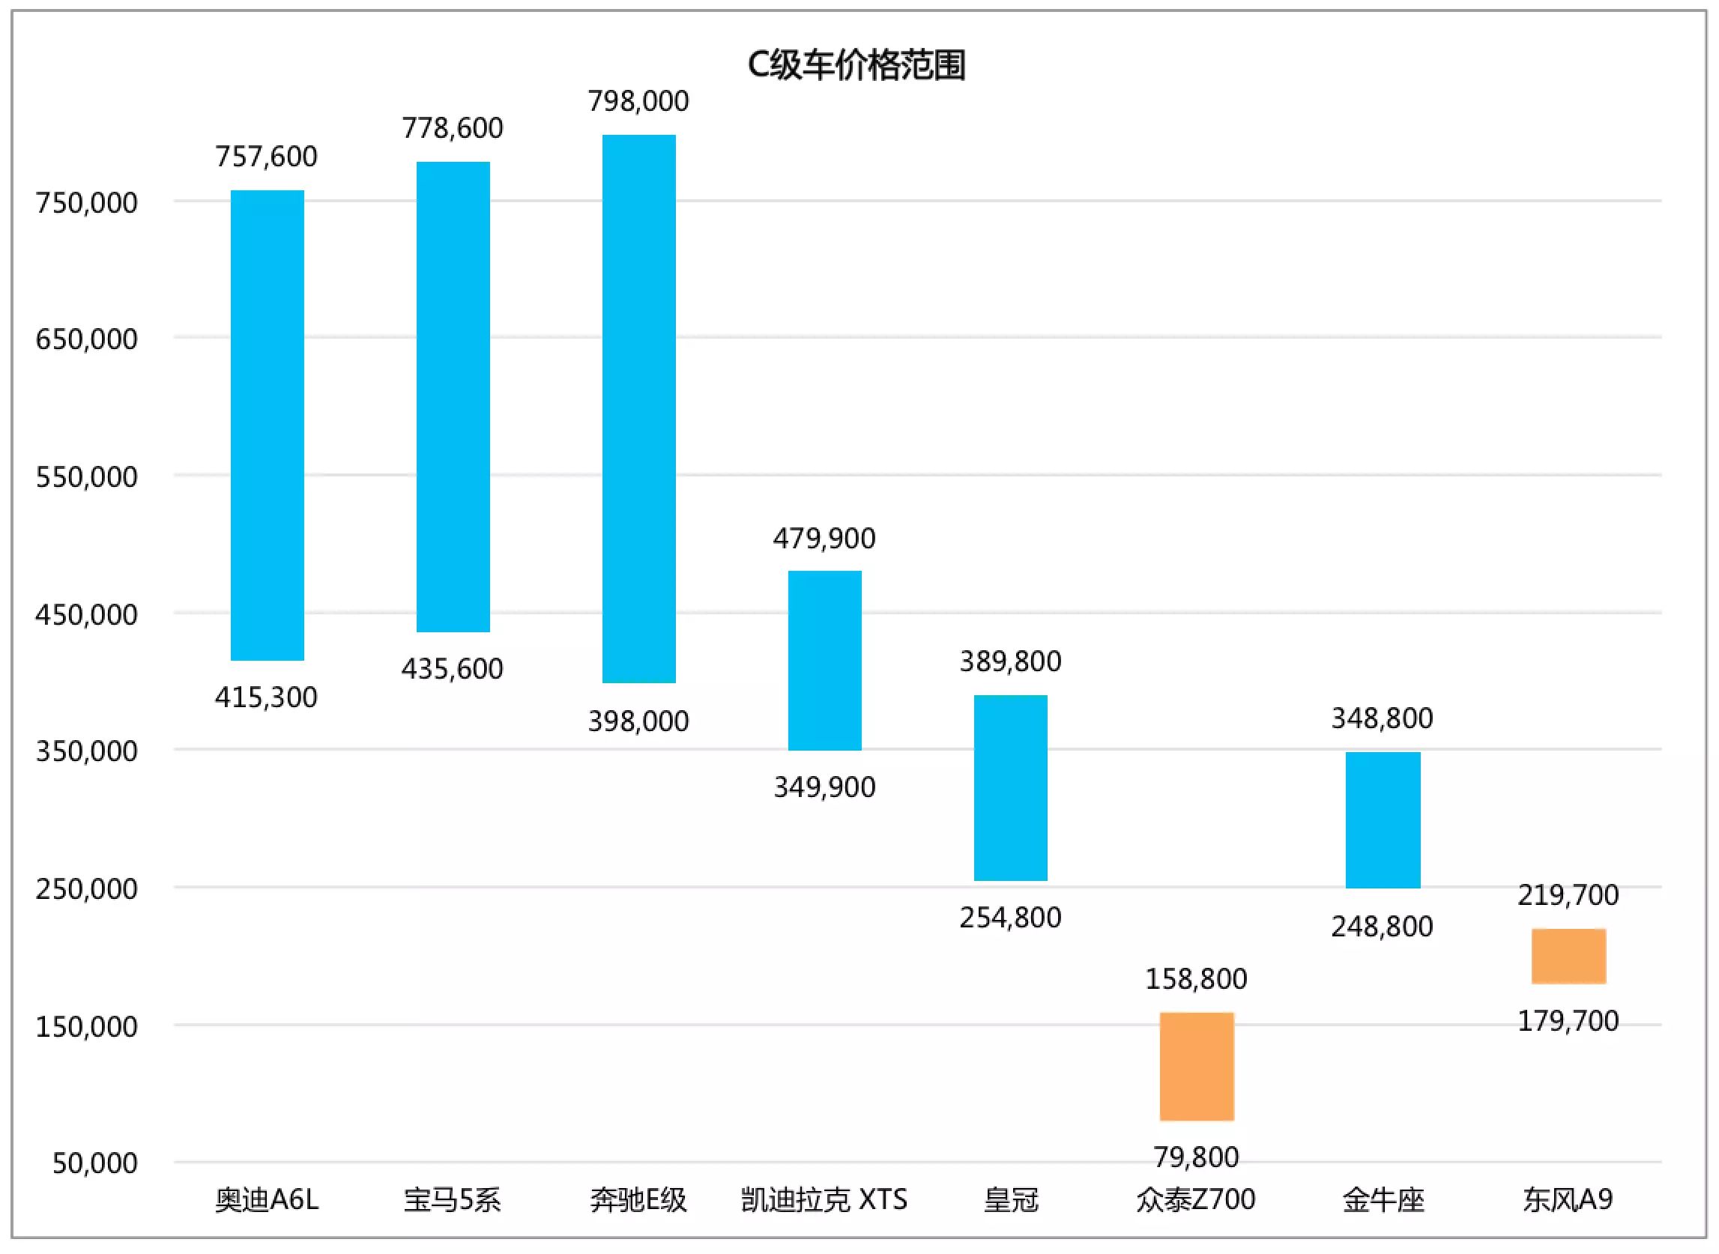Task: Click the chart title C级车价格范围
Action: (x=856, y=65)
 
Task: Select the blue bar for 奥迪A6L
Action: (x=268, y=425)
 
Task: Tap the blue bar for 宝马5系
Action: (x=453, y=396)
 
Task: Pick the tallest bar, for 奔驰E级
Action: (x=638, y=408)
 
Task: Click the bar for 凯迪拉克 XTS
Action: (x=824, y=661)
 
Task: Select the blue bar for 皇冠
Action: (x=1011, y=788)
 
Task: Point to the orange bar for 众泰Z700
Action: (x=1197, y=1067)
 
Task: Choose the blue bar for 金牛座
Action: (x=1383, y=820)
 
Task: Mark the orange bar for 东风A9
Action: (x=1568, y=957)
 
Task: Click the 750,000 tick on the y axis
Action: (x=87, y=204)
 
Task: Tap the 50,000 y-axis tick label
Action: (x=95, y=1163)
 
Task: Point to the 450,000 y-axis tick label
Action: (x=87, y=615)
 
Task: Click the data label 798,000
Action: (x=638, y=101)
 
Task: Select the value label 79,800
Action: (x=1197, y=1157)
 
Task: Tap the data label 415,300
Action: (x=267, y=697)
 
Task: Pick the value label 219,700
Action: (x=1568, y=896)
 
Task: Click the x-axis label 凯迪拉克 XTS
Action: (x=824, y=1200)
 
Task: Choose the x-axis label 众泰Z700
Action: (x=1197, y=1200)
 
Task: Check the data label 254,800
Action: (x=1011, y=918)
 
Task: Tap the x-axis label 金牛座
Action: (x=1383, y=1200)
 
